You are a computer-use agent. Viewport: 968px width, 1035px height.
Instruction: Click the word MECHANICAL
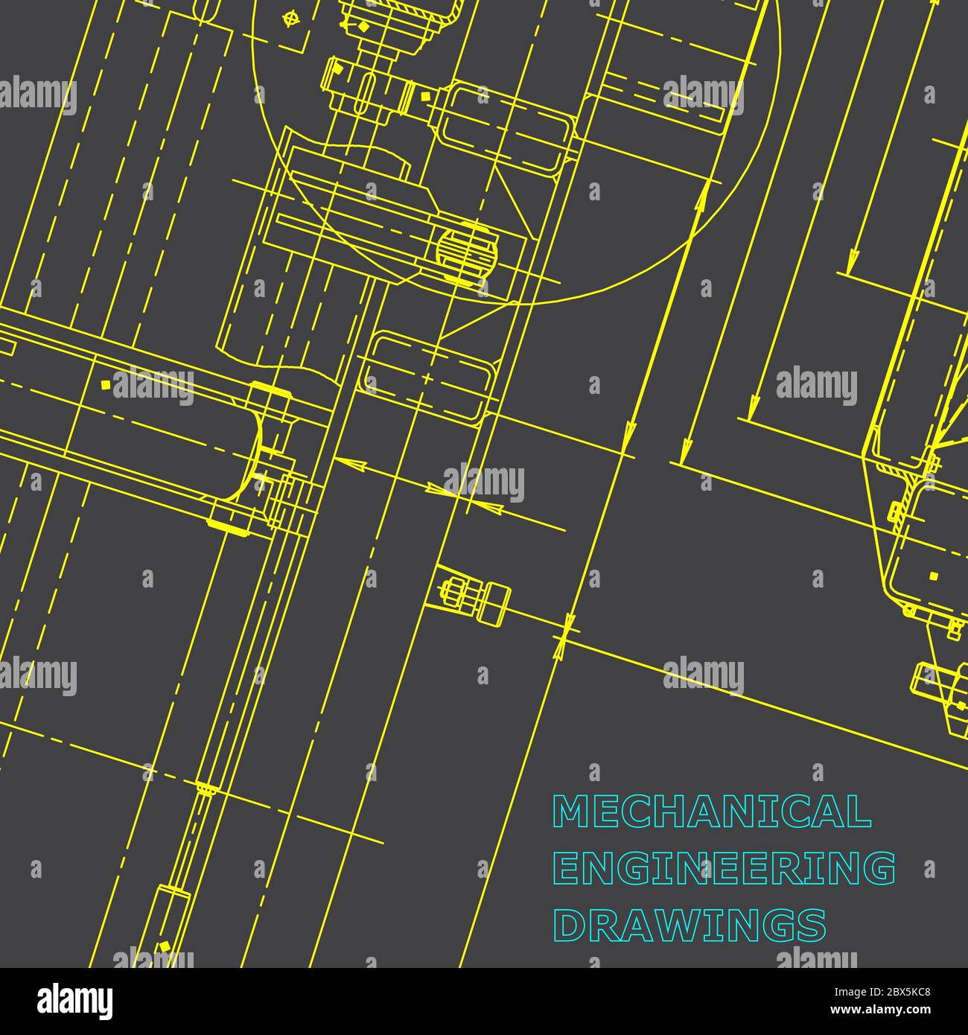click(711, 812)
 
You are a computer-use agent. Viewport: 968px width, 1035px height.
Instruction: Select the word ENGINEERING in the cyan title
click(725, 868)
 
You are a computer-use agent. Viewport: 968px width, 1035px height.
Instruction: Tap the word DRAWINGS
click(690, 925)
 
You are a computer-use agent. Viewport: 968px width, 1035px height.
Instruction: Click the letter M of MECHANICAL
click(570, 812)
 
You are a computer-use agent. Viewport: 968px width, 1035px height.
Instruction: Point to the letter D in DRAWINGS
click(568, 925)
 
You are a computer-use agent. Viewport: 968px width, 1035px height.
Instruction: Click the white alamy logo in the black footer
click(74, 1001)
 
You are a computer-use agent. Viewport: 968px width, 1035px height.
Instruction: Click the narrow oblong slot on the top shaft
click(364, 93)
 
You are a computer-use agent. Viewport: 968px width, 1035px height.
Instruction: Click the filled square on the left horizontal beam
click(105, 384)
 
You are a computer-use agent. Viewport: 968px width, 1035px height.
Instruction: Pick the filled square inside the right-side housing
click(934, 576)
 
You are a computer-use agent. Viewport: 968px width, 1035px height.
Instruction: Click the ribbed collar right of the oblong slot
click(408, 96)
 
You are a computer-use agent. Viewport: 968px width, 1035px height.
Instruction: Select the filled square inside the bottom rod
click(163, 947)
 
